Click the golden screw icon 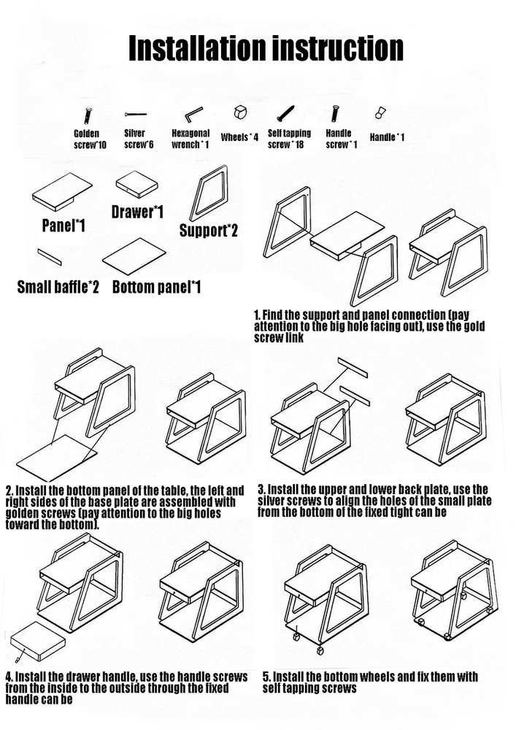(x=88, y=116)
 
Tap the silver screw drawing (x=136, y=114)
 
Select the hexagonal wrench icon (x=193, y=114)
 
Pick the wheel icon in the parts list (x=240, y=112)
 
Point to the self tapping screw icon (x=285, y=113)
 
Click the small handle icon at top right (x=380, y=112)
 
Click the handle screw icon (x=335, y=114)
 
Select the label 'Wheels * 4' (x=239, y=137)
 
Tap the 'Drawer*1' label (x=137, y=212)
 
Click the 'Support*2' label (x=209, y=231)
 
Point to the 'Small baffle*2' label (x=58, y=287)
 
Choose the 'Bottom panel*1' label (x=156, y=287)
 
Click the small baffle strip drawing (x=50, y=256)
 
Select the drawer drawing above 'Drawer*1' (x=136, y=184)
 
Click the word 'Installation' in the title (x=197, y=48)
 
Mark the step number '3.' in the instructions (x=262, y=489)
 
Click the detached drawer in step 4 (x=38, y=641)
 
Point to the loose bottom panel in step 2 (x=57, y=458)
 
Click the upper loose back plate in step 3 (x=353, y=367)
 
